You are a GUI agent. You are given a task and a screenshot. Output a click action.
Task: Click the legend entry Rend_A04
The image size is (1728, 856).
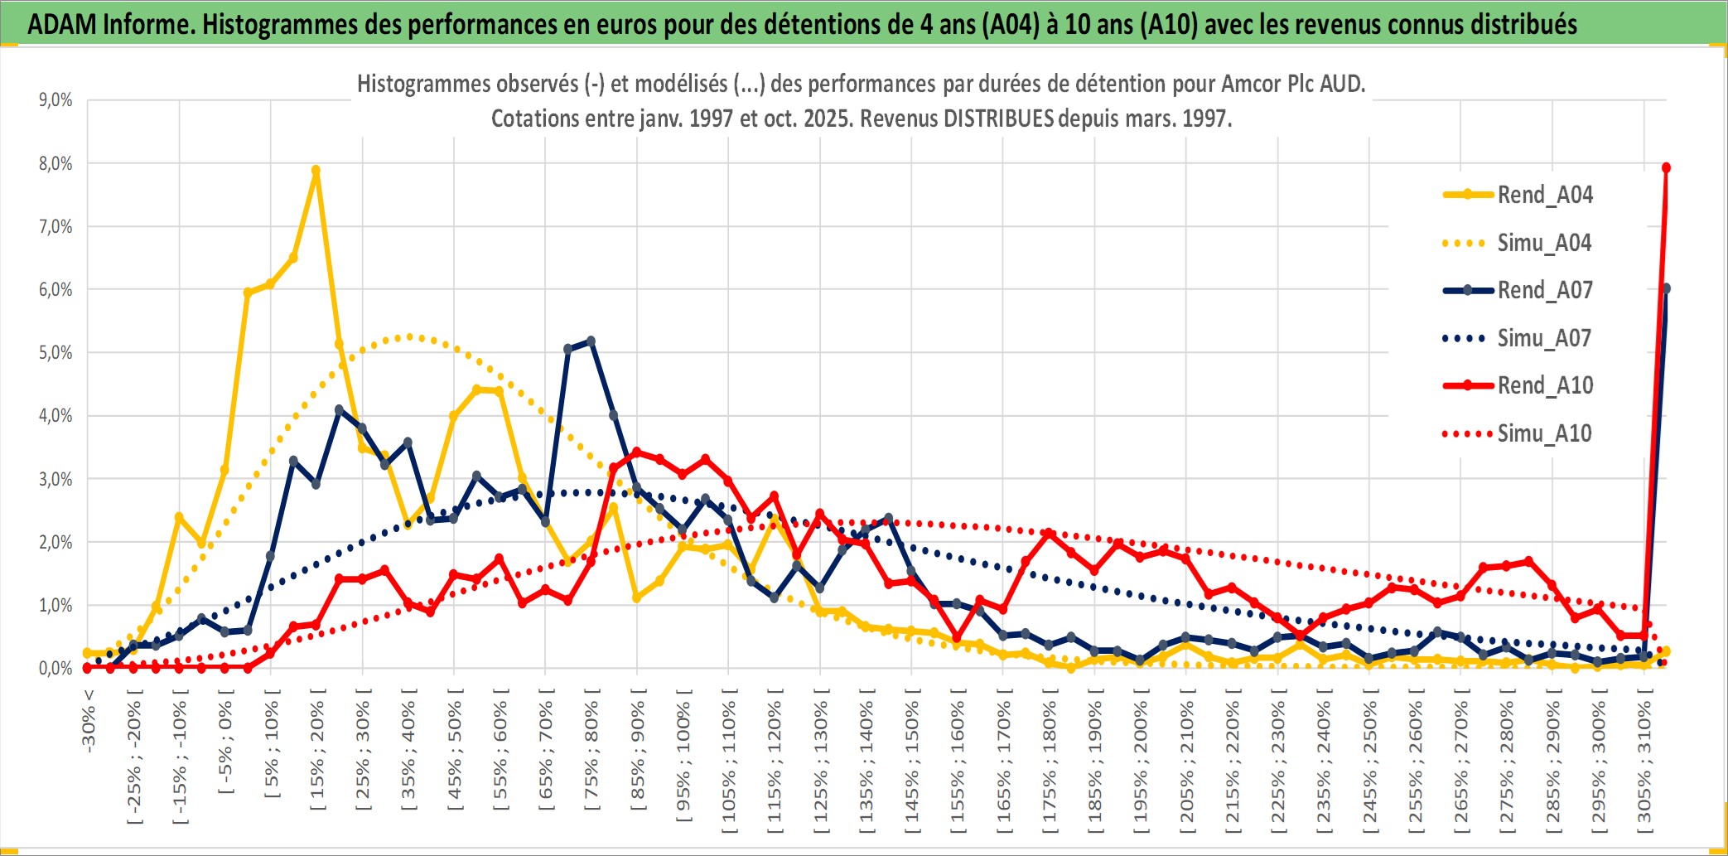[x=1544, y=195]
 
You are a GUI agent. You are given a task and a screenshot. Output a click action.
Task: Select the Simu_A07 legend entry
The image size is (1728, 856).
[x=1544, y=338]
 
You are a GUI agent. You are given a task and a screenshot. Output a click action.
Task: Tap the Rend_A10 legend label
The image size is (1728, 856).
[x=1545, y=385]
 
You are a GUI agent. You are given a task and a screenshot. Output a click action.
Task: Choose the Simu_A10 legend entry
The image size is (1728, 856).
[x=1544, y=433]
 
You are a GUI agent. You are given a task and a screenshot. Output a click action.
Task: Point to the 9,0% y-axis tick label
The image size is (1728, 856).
[x=56, y=100]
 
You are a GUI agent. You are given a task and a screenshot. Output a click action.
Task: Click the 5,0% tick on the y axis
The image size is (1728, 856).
[x=56, y=353]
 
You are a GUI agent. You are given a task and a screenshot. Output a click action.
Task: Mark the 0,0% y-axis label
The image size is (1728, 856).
[x=56, y=669]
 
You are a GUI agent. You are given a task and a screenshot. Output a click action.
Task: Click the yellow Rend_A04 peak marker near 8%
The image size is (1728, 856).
[x=316, y=171]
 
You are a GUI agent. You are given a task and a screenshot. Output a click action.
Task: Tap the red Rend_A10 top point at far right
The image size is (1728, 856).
[x=1666, y=168]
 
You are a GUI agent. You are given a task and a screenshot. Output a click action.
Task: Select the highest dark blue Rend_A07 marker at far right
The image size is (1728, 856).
[x=1666, y=288]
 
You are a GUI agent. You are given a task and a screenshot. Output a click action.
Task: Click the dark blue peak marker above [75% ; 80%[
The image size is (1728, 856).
[x=591, y=341]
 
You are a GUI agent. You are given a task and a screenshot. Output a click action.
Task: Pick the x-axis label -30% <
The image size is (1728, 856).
[x=89, y=720]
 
